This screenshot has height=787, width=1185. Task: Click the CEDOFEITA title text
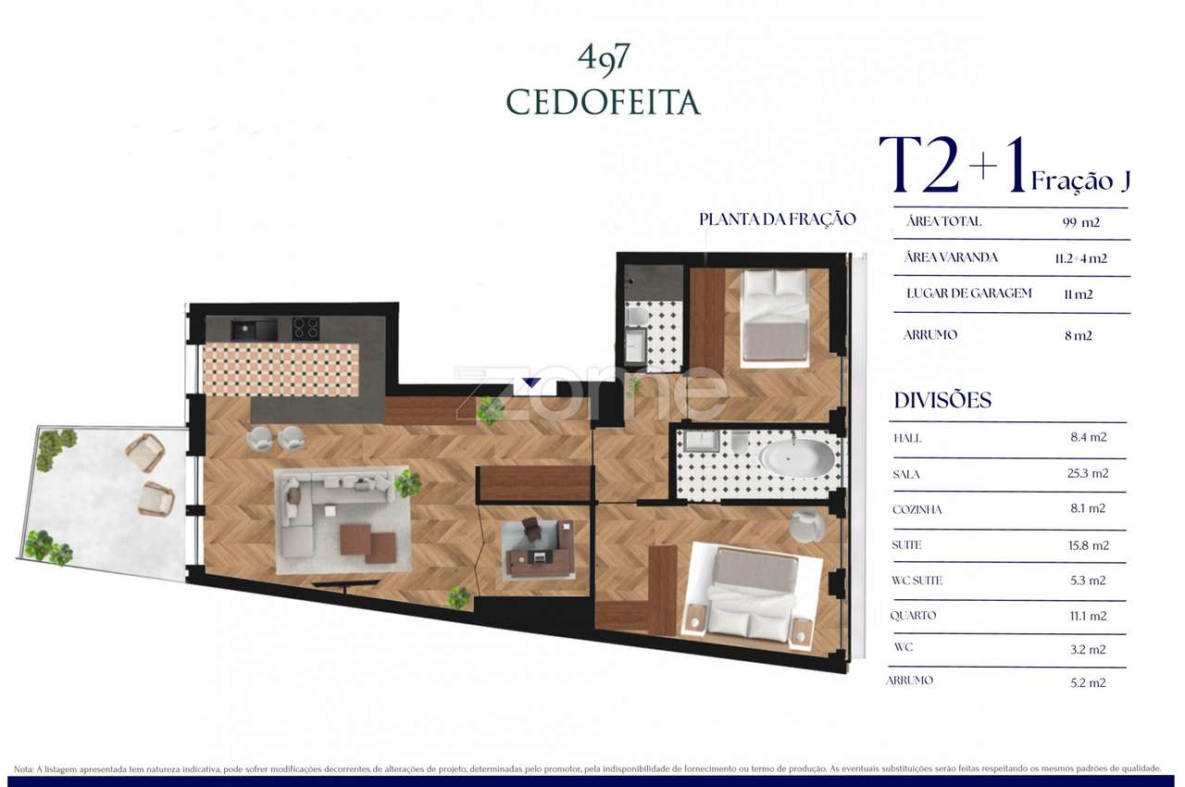pos(603,103)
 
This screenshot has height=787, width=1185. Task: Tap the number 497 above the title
pos(604,57)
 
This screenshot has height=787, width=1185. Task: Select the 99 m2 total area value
pos(1081,222)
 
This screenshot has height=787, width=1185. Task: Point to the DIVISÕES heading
pos(942,401)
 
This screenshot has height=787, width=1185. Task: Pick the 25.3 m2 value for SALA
pos(1088,473)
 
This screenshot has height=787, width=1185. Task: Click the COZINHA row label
pos(917,509)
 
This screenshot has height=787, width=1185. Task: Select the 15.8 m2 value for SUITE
pos(1088,545)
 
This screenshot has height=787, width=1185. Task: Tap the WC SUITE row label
pos(917,581)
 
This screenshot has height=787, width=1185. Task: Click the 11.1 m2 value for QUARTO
pos(1088,616)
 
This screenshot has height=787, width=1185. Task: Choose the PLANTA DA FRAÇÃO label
pos(777,219)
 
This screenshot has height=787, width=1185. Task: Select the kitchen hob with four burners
pos(306,329)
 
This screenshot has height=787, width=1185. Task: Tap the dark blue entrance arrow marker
pos(530,381)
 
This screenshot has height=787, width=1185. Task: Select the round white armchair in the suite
pos(806,526)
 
